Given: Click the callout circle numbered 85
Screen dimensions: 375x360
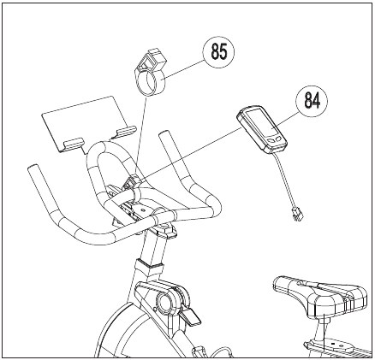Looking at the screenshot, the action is tap(218, 52).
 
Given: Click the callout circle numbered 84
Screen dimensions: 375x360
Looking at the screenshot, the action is tap(312, 101).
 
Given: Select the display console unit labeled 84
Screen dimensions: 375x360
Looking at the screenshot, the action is tap(262, 130).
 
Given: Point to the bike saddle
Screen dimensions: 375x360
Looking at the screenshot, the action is tap(320, 297).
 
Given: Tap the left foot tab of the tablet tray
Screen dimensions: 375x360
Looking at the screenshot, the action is tap(74, 142).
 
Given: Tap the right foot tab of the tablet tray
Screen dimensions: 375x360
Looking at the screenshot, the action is tap(126, 131).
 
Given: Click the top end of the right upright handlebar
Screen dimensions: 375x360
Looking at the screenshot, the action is tap(164, 134).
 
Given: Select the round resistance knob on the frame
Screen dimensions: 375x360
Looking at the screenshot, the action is tap(164, 303).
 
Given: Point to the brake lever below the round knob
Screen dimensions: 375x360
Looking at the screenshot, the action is tap(189, 316).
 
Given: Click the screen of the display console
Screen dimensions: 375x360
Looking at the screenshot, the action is tap(261, 122).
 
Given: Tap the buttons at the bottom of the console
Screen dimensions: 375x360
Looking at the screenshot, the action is tap(275, 139).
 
